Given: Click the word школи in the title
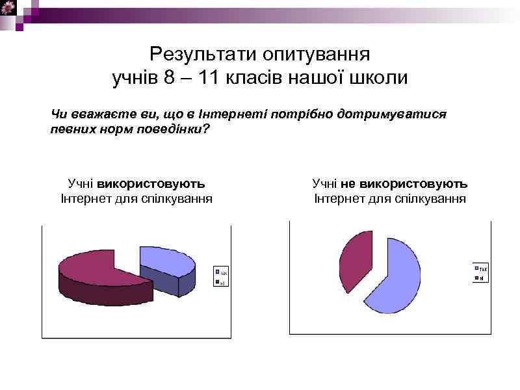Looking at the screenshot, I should pos(379,79).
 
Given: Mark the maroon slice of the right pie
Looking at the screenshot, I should pos(354,260).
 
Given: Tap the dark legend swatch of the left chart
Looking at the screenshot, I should pos(216,282).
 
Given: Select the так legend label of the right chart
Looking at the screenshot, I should pos(484,269).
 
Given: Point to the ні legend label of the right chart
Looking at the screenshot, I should pos(482,279).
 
